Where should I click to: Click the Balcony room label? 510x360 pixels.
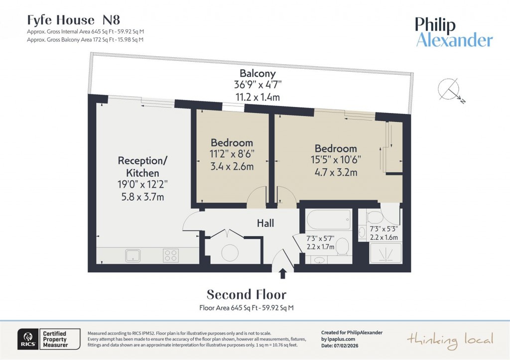(257, 73)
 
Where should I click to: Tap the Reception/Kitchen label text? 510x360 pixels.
(140, 167)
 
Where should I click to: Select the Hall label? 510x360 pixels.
(265, 224)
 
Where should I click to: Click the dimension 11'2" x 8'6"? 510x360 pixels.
(232, 154)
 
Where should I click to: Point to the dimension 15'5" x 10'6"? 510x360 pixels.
(335, 160)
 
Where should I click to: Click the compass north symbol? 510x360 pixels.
(450, 91)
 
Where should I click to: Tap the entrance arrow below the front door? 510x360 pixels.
(282, 273)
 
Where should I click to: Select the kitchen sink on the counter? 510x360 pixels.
(133, 256)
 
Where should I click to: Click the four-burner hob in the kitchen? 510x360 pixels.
(170, 255)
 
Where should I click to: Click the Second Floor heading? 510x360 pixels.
(247, 294)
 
